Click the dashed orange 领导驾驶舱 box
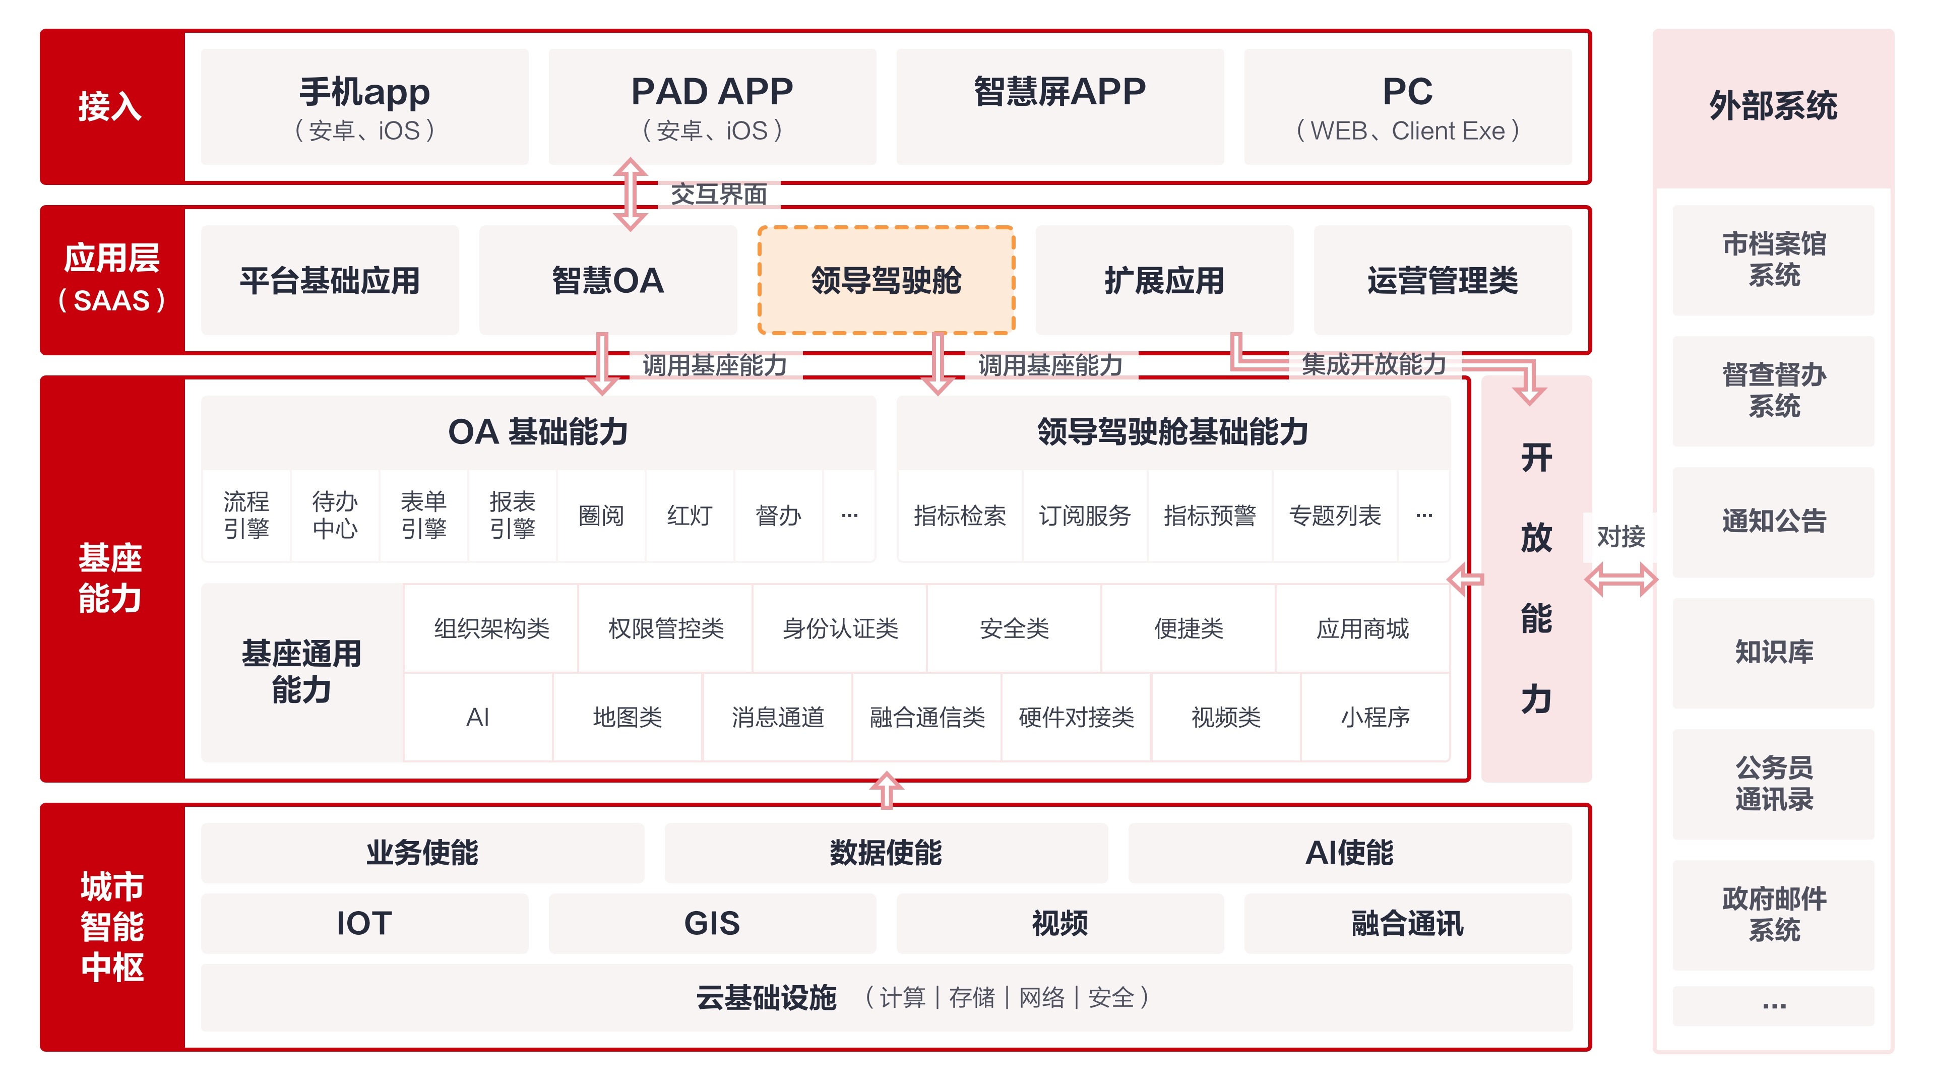point(887,280)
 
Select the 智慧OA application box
point(608,280)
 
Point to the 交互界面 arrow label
point(718,195)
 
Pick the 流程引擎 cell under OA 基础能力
point(246,515)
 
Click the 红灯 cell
point(690,515)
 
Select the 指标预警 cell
point(1209,515)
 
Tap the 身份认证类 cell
point(840,628)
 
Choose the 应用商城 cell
point(1362,628)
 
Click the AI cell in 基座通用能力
point(478,717)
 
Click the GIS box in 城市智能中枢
point(711,923)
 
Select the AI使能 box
point(1349,853)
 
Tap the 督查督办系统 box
point(1774,391)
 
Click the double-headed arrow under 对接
point(1620,580)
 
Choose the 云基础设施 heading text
point(766,997)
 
